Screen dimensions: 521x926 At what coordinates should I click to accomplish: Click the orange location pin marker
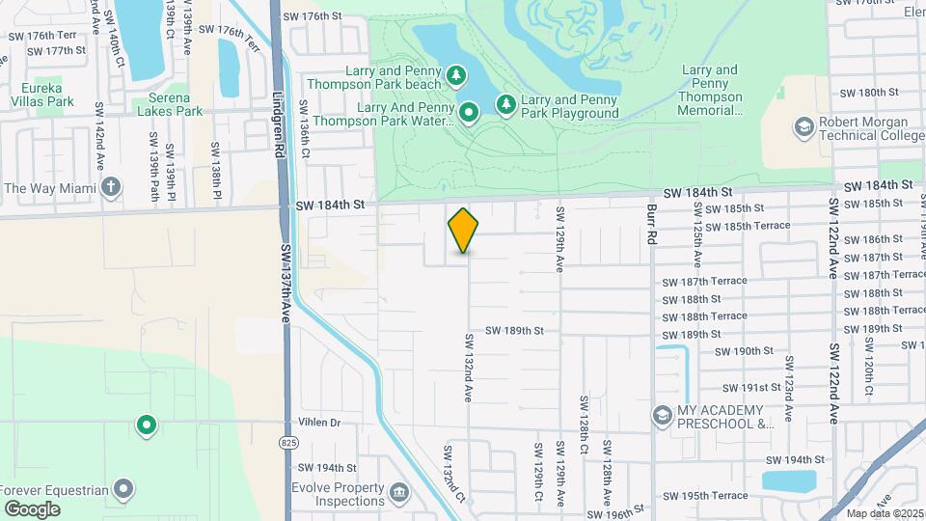pos(464,230)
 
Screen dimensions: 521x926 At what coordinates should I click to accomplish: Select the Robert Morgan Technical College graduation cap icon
pos(803,126)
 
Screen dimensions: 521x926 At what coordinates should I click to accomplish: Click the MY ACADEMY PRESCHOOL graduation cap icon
pos(662,416)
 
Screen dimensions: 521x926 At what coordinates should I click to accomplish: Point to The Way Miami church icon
pos(112,187)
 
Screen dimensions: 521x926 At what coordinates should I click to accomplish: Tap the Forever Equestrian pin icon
pos(123,489)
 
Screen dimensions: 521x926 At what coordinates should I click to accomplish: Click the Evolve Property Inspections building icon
pos(398,496)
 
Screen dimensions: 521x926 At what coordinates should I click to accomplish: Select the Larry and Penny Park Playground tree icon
pos(505,103)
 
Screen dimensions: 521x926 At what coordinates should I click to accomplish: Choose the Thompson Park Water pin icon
pos(469,113)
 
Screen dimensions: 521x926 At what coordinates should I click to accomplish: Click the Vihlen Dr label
pos(320,423)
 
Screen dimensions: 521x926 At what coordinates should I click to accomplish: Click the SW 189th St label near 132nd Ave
pos(514,330)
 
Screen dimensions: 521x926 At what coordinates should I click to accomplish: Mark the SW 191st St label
pos(747,387)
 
